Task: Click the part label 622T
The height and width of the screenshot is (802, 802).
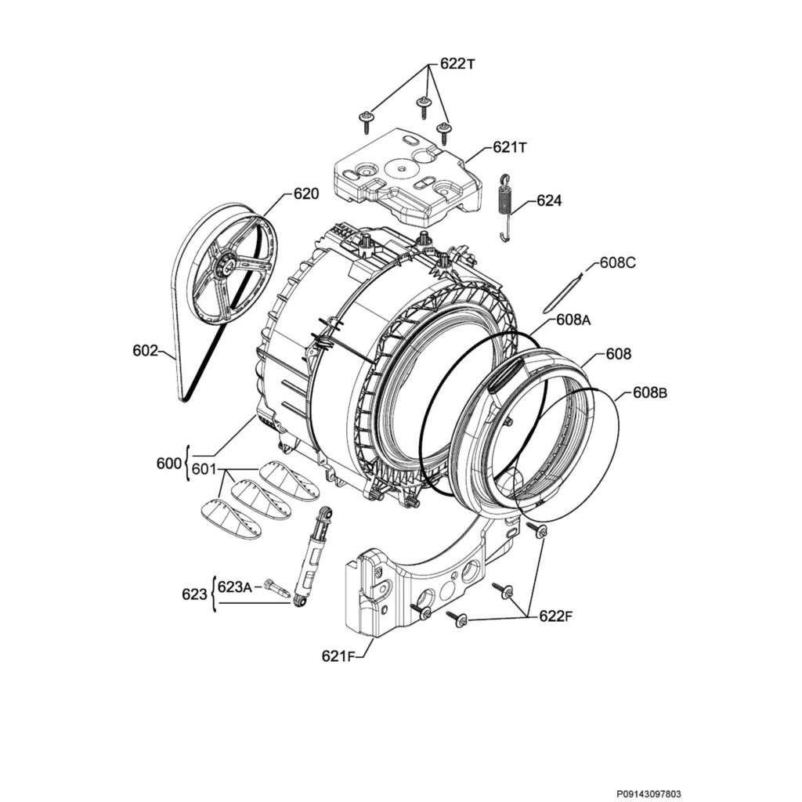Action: pos(457,65)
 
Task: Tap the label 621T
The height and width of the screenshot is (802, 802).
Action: pos(510,147)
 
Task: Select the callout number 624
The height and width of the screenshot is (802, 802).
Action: pos(549,201)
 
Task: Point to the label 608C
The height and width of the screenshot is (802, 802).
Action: pos(618,263)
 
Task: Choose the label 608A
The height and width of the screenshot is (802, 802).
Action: pos(573,320)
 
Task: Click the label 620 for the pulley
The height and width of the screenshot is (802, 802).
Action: pos(306,193)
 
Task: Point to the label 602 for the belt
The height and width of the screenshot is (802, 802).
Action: pos(145,351)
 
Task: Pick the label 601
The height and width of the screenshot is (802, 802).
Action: pos(204,470)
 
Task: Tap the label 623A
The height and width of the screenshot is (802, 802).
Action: pos(234,586)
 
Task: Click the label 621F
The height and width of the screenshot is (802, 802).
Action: pos(338,656)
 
